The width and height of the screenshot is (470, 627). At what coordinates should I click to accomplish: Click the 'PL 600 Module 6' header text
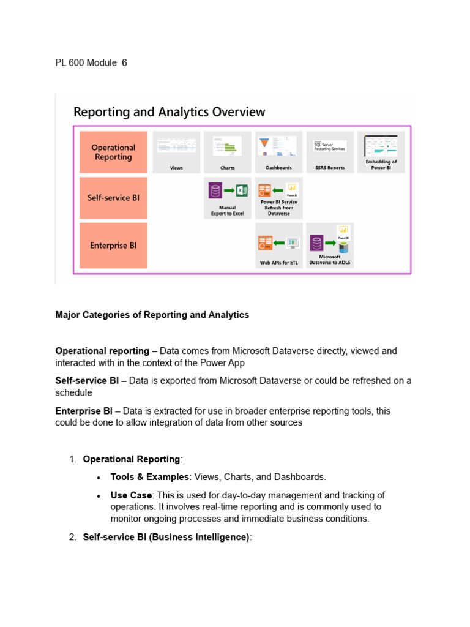pyautogui.click(x=91, y=62)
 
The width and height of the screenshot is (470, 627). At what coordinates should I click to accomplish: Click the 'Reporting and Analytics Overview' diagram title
pyautogui.click(x=170, y=112)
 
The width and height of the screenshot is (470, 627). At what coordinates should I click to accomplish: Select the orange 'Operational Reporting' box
pyautogui.click(x=113, y=152)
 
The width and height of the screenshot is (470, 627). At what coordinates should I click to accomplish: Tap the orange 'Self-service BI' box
pyautogui.click(x=113, y=198)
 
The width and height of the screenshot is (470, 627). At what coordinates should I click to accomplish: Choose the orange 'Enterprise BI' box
pyautogui.click(x=113, y=245)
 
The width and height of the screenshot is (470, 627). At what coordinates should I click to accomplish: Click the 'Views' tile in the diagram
pyautogui.click(x=176, y=152)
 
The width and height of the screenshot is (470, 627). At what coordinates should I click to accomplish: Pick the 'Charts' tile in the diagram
pyautogui.click(x=228, y=152)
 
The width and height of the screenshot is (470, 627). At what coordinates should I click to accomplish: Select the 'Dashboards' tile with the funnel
pyautogui.click(x=278, y=152)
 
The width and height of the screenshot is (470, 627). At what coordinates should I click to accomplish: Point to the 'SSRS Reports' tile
pyautogui.click(x=330, y=152)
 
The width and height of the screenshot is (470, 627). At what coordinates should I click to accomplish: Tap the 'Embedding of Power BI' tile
pyautogui.click(x=381, y=152)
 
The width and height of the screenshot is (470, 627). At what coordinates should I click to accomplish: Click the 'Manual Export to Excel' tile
pyautogui.click(x=228, y=198)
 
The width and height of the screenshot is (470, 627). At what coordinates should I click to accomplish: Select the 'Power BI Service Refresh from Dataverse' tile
pyautogui.click(x=278, y=198)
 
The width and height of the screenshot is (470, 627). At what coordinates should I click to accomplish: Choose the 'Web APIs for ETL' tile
pyautogui.click(x=278, y=245)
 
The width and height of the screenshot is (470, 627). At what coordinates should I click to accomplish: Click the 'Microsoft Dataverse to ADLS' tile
pyautogui.click(x=330, y=245)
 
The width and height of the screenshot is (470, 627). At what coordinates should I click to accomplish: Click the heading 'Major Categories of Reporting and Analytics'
pyautogui.click(x=152, y=315)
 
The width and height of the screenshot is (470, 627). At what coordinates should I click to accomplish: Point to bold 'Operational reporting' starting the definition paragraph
pyautogui.click(x=102, y=351)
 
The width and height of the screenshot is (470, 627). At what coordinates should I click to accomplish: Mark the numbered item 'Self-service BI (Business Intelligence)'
pyautogui.click(x=166, y=537)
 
